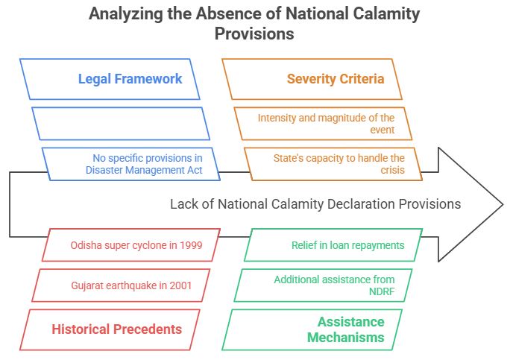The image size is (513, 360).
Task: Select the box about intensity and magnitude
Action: (325, 124)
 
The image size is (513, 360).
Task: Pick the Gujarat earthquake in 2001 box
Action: (124, 285)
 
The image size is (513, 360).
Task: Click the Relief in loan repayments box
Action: (336, 245)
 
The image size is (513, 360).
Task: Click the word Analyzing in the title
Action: (122, 14)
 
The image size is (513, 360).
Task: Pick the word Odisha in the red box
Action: (87, 245)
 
